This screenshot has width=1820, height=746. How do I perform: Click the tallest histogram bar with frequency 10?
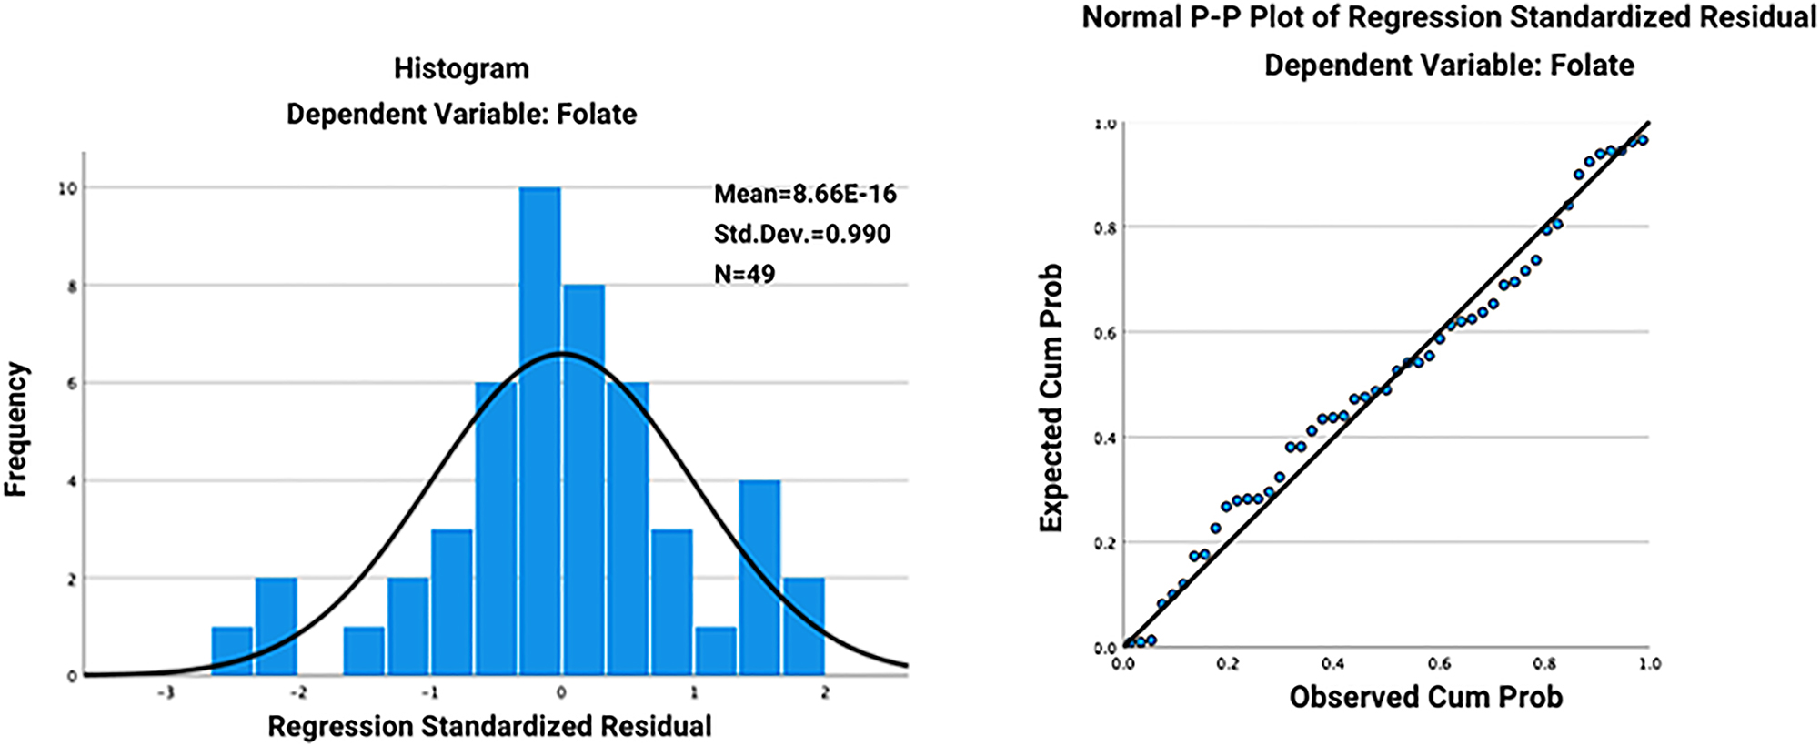click(539, 431)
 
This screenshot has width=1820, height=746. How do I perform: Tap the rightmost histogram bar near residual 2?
click(804, 627)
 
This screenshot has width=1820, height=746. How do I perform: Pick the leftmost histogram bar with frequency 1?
click(232, 651)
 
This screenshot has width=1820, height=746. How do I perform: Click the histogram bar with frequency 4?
click(759, 578)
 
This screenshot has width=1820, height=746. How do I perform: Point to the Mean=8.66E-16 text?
click(805, 194)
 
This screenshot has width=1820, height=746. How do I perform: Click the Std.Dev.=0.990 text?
click(801, 234)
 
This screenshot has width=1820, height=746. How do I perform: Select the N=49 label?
click(744, 274)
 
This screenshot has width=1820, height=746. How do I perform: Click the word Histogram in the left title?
click(461, 69)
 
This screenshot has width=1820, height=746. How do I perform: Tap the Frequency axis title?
click(16, 429)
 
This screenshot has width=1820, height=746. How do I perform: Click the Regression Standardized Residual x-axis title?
click(489, 727)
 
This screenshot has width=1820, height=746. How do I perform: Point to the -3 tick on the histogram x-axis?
click(166, 693)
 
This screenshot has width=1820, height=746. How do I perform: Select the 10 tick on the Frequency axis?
click(67, 188)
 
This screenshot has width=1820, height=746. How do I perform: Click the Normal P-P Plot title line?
click(1448, 18)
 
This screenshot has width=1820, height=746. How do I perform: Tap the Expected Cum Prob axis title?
click(1051, 398)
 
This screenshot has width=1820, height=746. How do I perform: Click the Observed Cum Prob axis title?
click(1425, 697)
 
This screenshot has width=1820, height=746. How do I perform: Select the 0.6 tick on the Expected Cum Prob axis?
click(1104, 333)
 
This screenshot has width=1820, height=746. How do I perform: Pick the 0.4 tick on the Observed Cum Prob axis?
click(1332, 664)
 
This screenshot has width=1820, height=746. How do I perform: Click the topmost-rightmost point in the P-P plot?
click(1643, 140)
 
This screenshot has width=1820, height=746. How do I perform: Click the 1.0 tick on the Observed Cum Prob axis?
click(1649, 664)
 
